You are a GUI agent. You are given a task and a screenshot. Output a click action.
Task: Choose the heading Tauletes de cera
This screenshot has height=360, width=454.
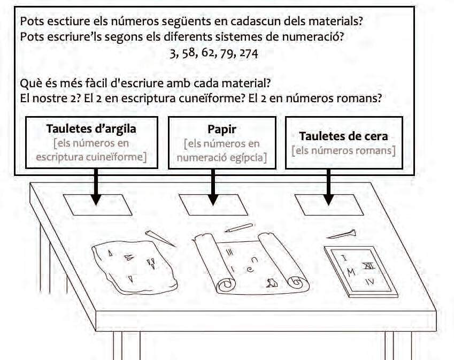(x=344, y=136)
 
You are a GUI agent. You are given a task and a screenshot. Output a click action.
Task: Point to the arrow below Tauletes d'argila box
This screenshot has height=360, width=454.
(x=96, y=187)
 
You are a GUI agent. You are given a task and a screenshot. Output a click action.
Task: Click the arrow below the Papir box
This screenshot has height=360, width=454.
(x=213, y=187)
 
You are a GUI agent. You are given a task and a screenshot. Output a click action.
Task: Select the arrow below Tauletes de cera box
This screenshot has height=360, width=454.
(x=329, y=187)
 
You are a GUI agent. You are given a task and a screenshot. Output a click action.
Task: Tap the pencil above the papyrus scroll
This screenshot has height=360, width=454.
(x=238, y=227)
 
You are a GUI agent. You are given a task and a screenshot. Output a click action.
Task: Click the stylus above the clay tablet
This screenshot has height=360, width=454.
(x=160, y=238)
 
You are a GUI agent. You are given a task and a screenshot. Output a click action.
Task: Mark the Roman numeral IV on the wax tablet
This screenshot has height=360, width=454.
(x=370, y=281)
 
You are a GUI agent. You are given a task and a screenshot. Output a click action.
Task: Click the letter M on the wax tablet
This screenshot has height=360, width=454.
(x=351, y=273)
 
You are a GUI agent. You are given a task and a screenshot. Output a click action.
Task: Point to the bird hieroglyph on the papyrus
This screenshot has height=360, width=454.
(x=272, y=283)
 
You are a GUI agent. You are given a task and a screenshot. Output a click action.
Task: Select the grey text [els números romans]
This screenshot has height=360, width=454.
(x=344, y=150)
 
